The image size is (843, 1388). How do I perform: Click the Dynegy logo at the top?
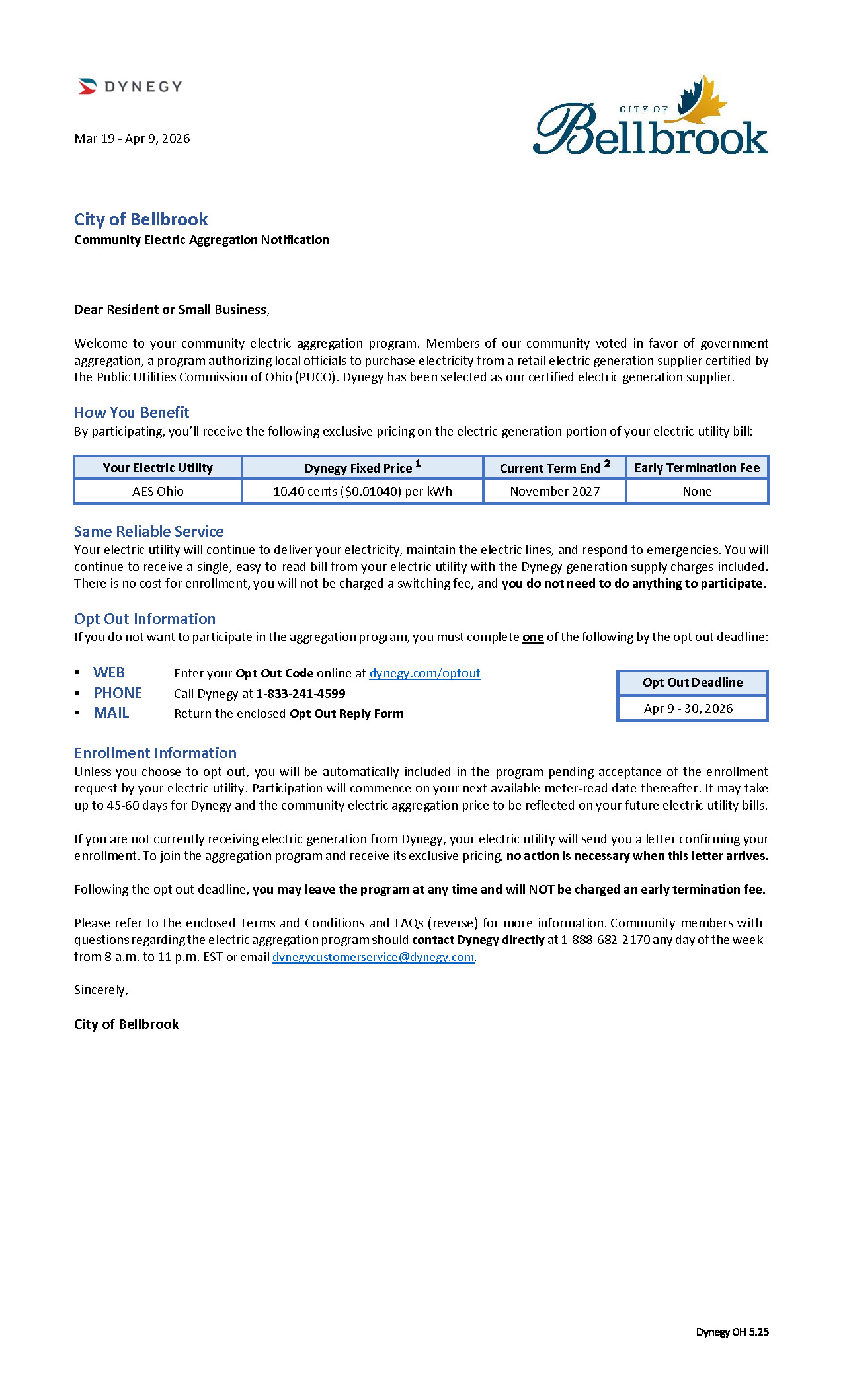[x=130, y=87]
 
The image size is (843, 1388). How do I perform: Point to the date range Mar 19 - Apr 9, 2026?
[x=132, y=139]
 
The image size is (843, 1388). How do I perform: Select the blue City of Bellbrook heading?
[x=141, y=219]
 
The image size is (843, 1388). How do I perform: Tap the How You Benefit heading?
[x=132, y=412]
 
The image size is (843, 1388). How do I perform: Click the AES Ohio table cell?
[x=158, y=492]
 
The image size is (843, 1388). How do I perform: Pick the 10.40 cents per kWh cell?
[x=362, y=492]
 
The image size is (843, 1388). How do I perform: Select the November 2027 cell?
[x=555, y=492]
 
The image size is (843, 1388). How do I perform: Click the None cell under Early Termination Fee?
[x=697, y=492]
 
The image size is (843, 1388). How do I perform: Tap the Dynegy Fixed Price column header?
[x=362, y=468]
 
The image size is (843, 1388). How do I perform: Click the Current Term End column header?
[x=555, y=468]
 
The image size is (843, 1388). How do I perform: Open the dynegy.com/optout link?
[x=424, y=674]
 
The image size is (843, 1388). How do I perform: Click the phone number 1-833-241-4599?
[x=301, y=694]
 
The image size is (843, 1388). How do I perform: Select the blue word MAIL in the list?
[x=111, y=713]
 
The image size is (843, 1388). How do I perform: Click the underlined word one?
[x=533, y=637]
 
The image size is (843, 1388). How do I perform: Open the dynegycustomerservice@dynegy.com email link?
[x=373, y=957]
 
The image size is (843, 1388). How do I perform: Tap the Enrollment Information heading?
[x=155, y=753]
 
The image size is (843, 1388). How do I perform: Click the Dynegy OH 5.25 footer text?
[x=732, y=1332]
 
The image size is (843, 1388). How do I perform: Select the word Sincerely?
[x=100, y=990]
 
